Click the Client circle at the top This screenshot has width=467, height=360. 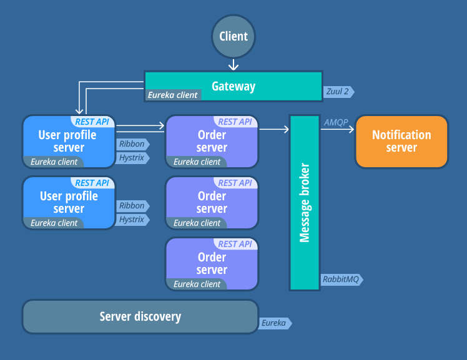pos(234,37)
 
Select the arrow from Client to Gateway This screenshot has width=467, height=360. pos(234,64)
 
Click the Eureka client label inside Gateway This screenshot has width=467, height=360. pos(173,95)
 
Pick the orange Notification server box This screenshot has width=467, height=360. pos(401,141)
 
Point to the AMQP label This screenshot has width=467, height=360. pos(336,122)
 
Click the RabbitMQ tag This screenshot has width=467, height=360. pos(341,280)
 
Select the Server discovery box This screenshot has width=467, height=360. pos(140,316)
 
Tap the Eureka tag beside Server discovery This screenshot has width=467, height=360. pos(274,323)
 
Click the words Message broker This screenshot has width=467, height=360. pos(305,203)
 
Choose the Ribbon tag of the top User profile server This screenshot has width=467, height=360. pos(132,144)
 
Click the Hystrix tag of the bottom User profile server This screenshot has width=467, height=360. pos(132,220)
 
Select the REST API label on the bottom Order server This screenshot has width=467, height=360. pos(235,244)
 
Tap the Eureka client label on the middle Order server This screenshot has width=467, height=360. pos(197,223)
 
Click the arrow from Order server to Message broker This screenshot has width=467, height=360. pos(275,129)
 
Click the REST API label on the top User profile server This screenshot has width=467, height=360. pos(92,122)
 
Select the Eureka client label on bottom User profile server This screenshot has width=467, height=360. pos(54,223)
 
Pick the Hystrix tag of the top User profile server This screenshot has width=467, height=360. pos(132,158)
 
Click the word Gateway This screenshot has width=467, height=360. pos(234,86)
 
